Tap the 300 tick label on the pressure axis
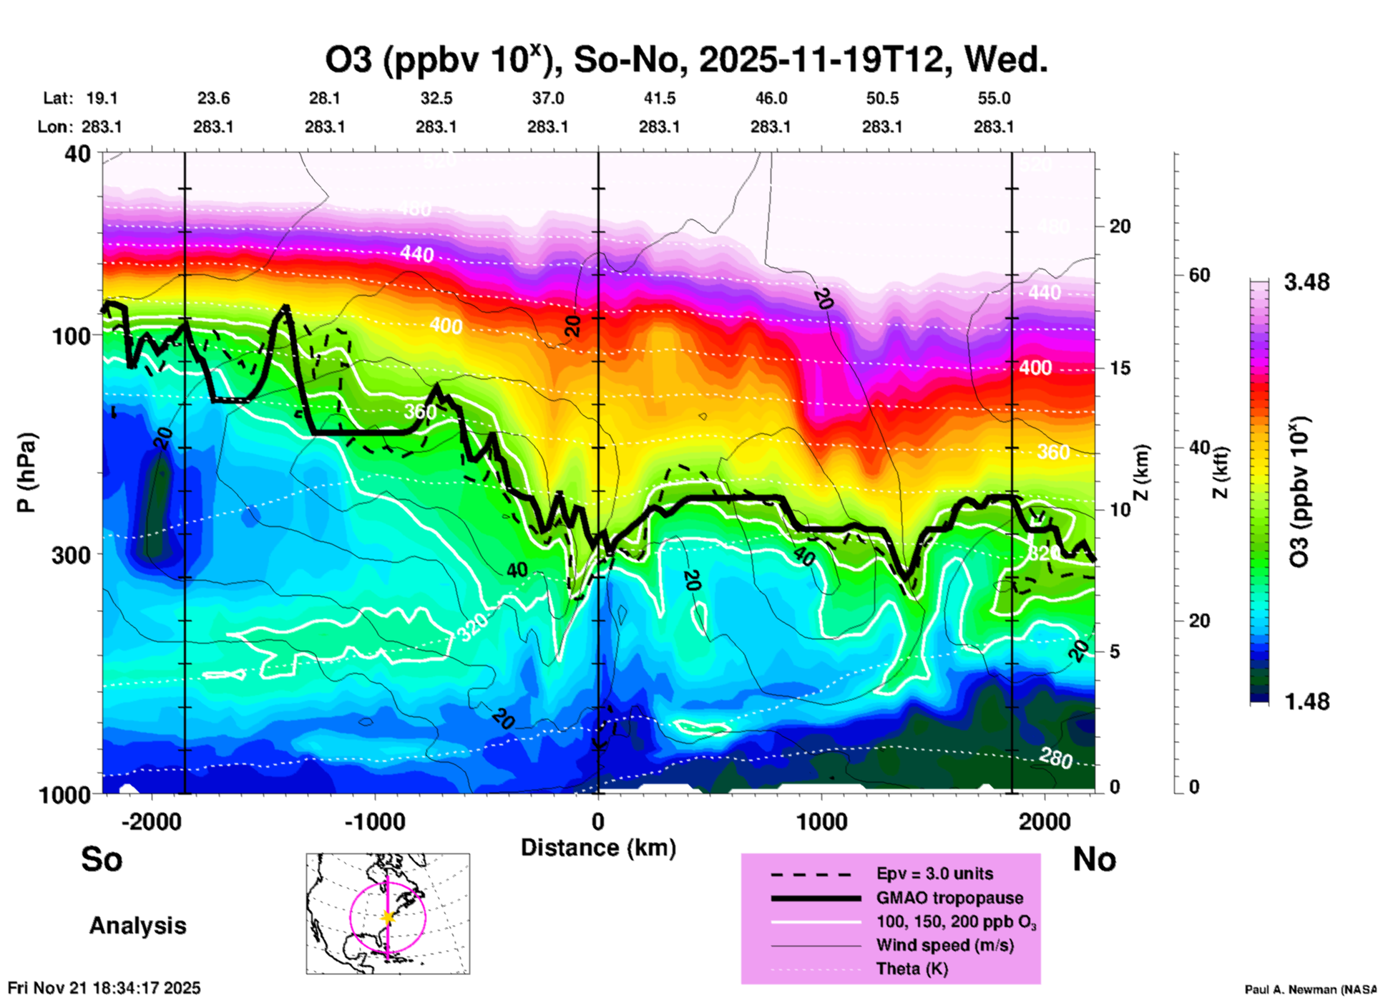tap(71, 555)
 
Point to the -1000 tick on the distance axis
tap(375, 822)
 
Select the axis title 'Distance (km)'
tap(598, 848)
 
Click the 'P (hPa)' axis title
tap(26, 473)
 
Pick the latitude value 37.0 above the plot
tap(547, 98)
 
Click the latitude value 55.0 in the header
tap(994, 98)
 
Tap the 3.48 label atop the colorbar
tap(1306, 283)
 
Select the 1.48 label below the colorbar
tap(1306, 701)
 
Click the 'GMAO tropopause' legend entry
tap(949, 898)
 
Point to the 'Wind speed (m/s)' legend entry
tap(944, 945)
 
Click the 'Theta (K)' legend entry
tap(912, 969)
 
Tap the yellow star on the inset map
tap(388, 917)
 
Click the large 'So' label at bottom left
tap(102, 859)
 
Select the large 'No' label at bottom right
tap(1094, 859)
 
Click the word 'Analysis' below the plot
tap(137, 926)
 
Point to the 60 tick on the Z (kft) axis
tap(1199, 275)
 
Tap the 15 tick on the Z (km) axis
tap(1120, 368)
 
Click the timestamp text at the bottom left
tap(104, 988)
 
